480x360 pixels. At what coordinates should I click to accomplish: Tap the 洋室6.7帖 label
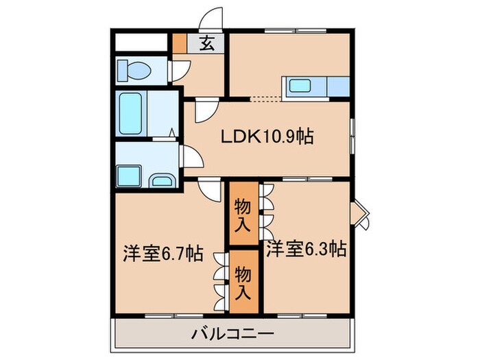[163, 254]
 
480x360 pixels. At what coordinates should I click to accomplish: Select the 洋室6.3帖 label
[306, 249]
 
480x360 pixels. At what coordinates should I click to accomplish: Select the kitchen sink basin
[302, 87]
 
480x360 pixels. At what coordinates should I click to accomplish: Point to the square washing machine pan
[129, 175]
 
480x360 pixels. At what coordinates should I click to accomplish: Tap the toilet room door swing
[180, 69]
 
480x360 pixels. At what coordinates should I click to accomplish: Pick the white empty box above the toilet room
[142, 43]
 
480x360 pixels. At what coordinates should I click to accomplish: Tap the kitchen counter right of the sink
[339, 87]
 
